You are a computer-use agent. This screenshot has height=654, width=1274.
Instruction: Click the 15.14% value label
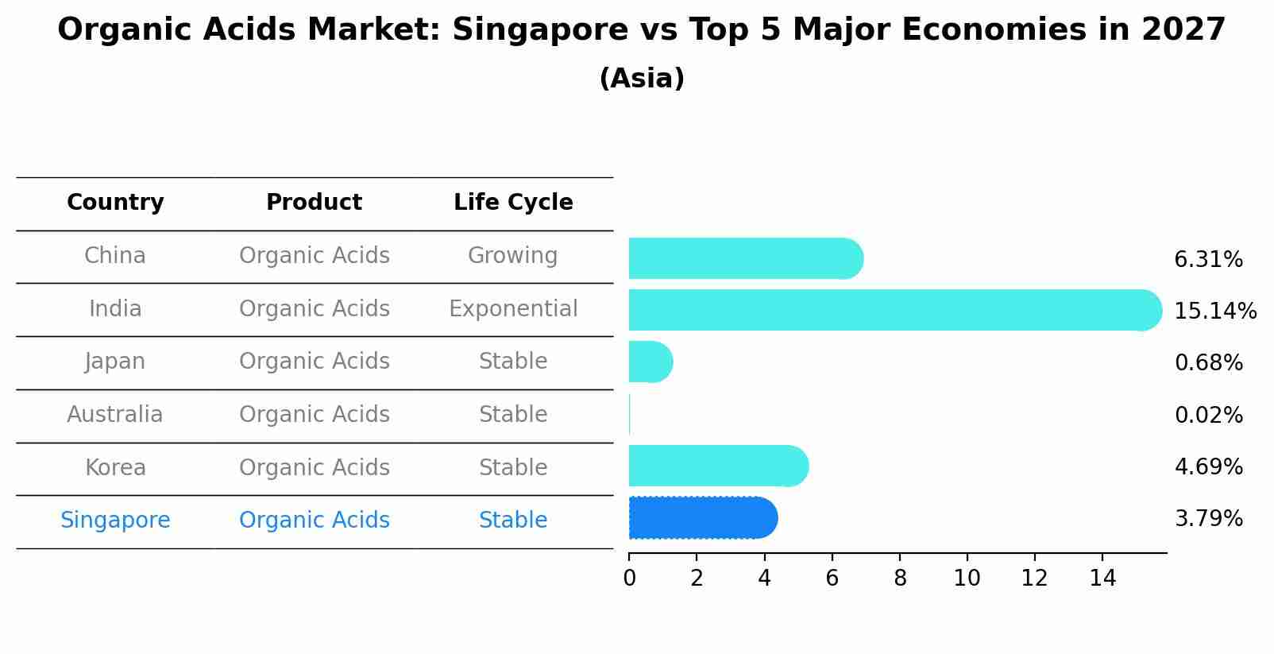(x=1214, y=311)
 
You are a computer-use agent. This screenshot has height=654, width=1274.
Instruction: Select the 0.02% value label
(x=1208, y=415)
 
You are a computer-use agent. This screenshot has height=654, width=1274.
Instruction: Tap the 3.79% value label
(x=1208, y=519)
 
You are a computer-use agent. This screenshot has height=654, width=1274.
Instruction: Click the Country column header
(x=115, y=203)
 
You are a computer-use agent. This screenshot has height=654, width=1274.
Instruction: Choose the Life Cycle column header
(x=513, y=203)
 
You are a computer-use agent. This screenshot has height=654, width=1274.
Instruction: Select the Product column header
(x=314, y=203)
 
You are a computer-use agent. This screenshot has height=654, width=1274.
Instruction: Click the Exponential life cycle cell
(x=513, y=308)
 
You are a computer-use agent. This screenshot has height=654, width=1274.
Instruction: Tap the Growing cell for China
(x=512, y=256)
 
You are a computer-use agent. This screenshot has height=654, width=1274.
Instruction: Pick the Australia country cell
(x=115, y=415)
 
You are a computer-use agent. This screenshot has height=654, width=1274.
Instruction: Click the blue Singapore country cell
(x=115, y=520)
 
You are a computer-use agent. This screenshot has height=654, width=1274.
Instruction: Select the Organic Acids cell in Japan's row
(x=314, y=362)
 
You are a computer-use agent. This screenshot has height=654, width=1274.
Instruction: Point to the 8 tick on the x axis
(x=900, y=579)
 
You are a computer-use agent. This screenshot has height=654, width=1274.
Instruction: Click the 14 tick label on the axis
(x=1102, y=579)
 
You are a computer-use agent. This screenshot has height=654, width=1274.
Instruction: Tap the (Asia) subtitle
(x=642, y=79)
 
